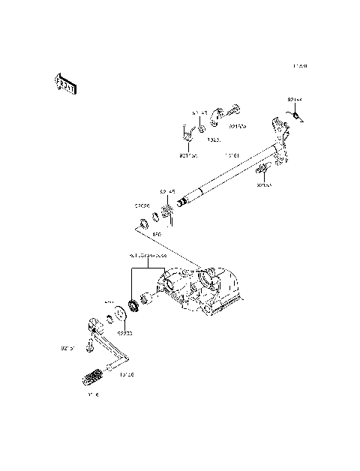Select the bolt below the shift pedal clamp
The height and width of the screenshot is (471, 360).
[88, 346]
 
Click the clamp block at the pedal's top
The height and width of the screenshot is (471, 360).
[93, 325]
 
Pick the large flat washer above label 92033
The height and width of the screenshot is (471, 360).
[121, 313]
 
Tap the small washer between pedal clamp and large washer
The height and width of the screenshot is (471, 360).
[109, 319]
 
